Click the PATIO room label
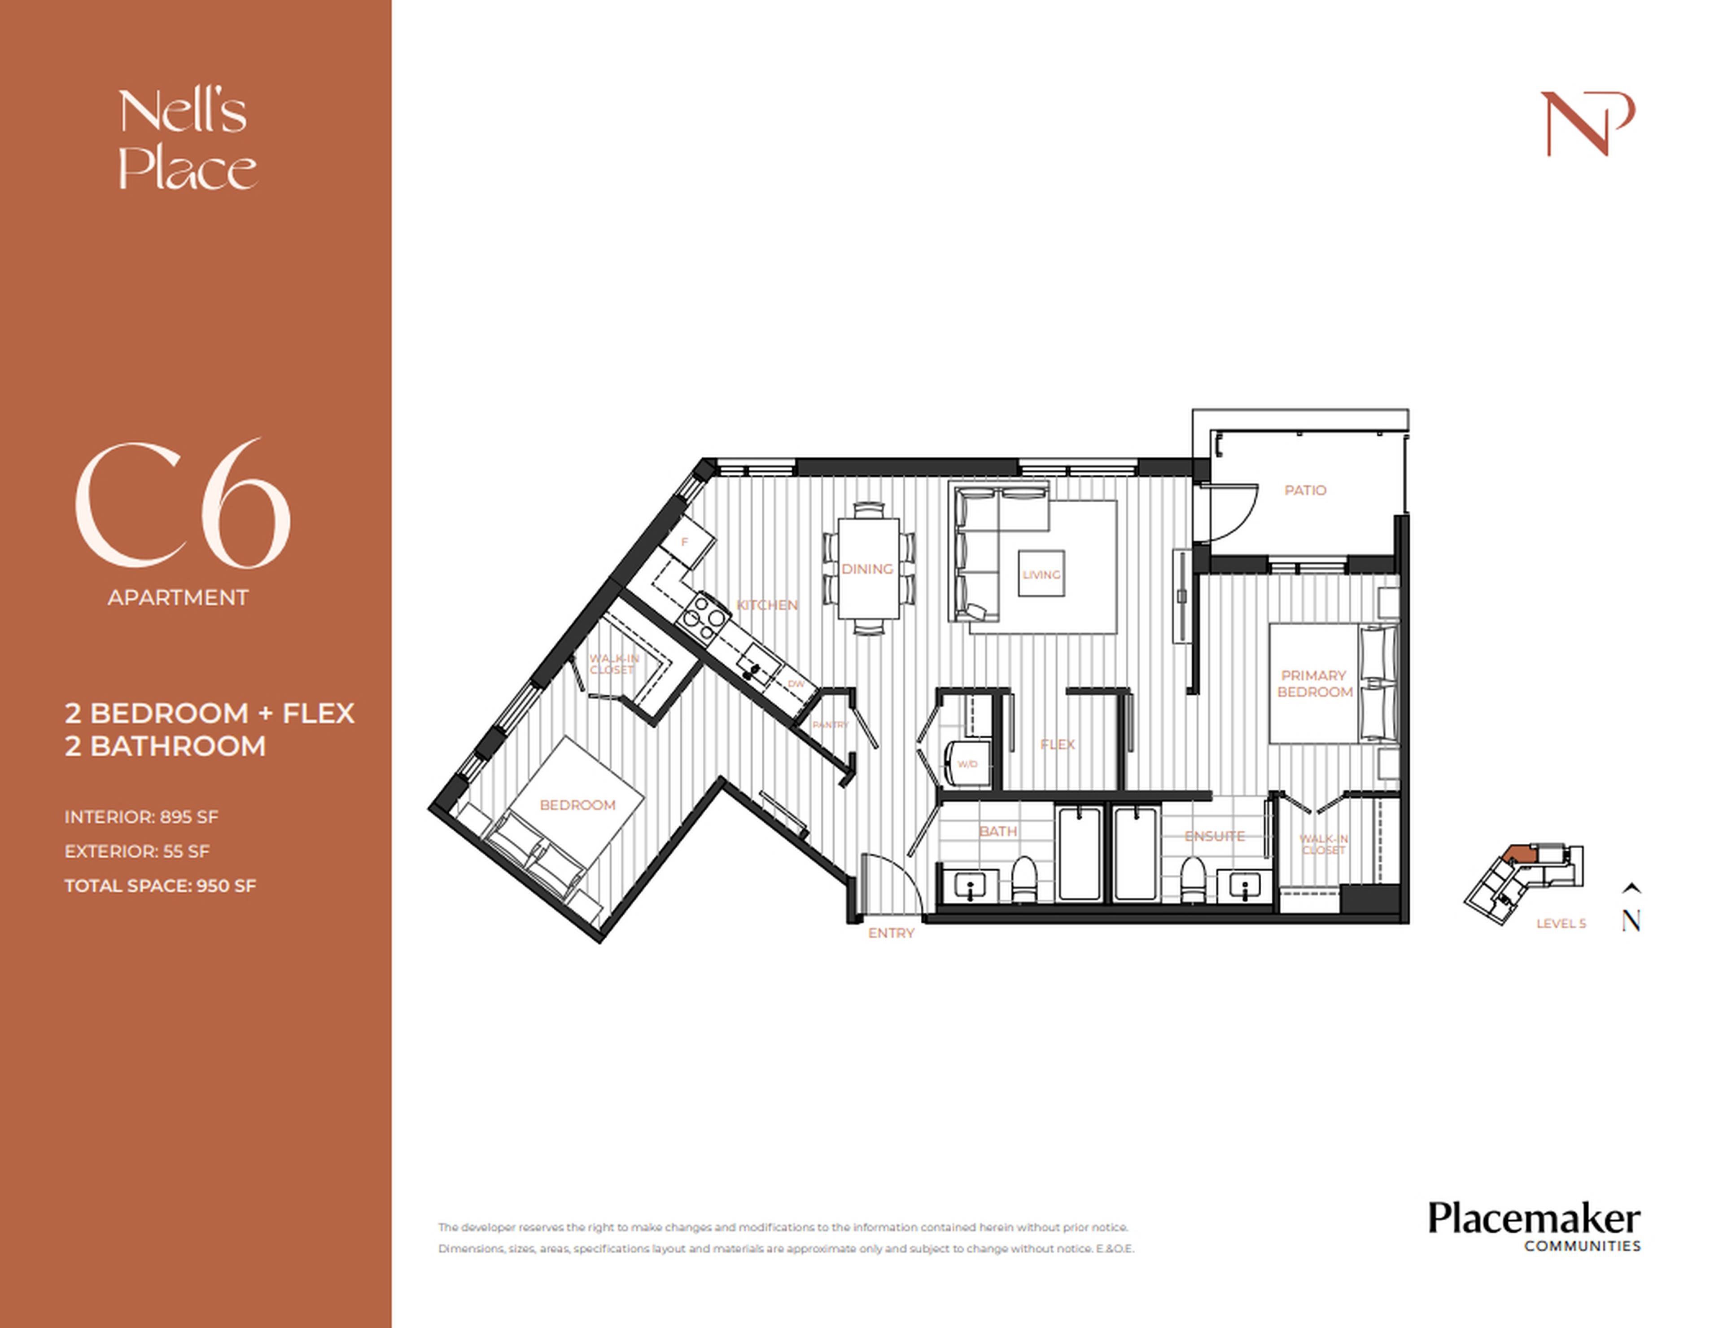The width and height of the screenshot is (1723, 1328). pyautogui.click(x=1305, y=490)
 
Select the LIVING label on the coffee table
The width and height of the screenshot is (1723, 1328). pyautogui.click(x=1041, y=574)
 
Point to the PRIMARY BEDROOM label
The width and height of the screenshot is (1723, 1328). pyautogui.click(x=1314, y=684)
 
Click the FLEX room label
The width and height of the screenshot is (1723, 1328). pyautogui.click(x=1057, y=744)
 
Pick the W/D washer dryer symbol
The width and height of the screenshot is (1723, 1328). pyautogui.click(x=967, y=763)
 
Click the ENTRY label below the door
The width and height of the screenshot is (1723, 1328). pyautogui.click(x=891, y=933)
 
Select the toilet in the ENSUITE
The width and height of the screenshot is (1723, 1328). pyautogui.click(x=1192, y=880)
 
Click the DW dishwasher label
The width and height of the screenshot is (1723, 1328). pyautogui.click(x=795, y=684)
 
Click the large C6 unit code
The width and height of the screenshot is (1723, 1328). pyautogui.click(x=183, y=505)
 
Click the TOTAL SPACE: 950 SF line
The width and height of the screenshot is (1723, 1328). pyautogui.click(x=160, y=885)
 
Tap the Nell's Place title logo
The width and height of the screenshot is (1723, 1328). pyautogui.click(x=187, y=140)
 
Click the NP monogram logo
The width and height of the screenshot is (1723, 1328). pyautogui.click(x=1587, y=124)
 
